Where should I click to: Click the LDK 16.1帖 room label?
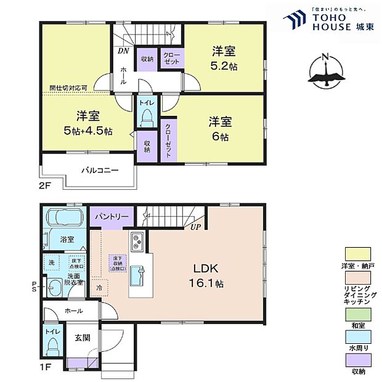click(206, 275)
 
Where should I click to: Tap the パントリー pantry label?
click(112, 217)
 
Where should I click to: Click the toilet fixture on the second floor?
click(147, 117)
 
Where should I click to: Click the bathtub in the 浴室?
click(63, 218)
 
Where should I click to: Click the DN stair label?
click(123, 51)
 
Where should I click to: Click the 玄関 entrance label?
click(83, 337)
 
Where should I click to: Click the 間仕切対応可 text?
click(68, 87)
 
